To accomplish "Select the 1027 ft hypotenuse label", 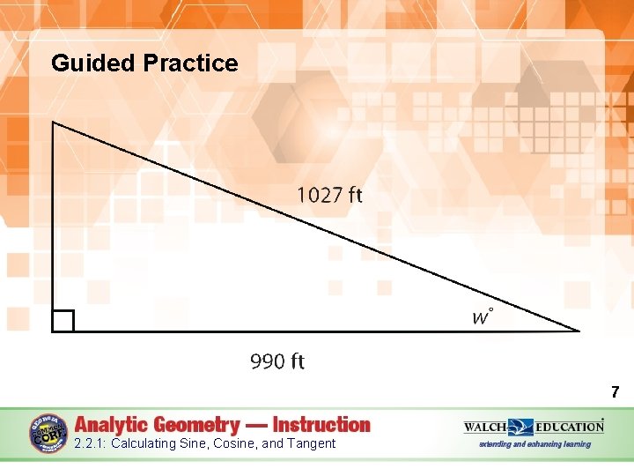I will [x=329, y=195].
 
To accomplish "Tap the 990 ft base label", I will [x=277, y=361].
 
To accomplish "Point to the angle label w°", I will [x=482, y=316].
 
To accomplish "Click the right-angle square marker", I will [x=63, y=321].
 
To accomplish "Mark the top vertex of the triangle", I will [x=54, y=123].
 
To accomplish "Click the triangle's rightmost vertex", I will [x=579, y=331].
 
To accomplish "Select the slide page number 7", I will [x=615, y=392].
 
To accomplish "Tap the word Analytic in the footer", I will [x=116, y=425].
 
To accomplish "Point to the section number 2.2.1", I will [x=90, y=443].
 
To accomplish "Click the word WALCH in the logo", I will [x=486, y=427].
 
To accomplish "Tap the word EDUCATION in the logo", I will [x=569, y=427].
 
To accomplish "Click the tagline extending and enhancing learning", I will [x=534, y=444].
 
